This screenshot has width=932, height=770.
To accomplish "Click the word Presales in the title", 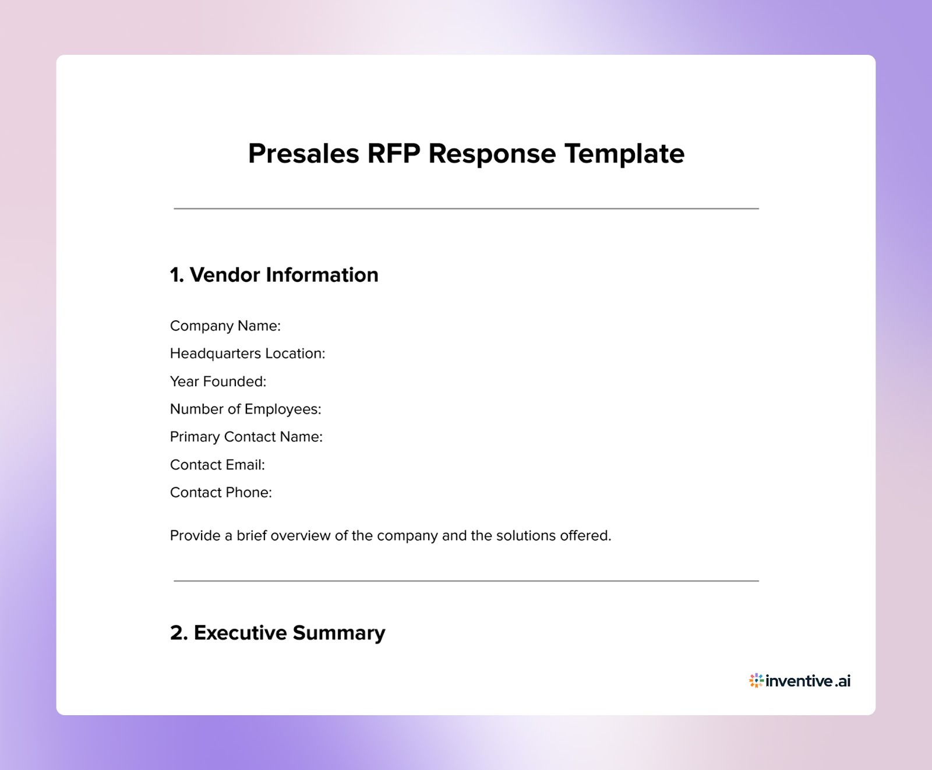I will [x=303, y=154].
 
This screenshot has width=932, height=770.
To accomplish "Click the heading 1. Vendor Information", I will [x=274, y=275].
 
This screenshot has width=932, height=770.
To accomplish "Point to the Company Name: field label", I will [x=225, y=326].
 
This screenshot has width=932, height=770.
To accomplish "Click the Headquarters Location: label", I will [x=247, y=354].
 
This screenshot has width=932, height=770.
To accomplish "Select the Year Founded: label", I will [x=218, y=382].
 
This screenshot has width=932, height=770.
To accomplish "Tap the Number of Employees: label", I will [x=245, y=409].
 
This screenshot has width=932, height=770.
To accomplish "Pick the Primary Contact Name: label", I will [x=246, y=437].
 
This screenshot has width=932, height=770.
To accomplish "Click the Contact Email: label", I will [x=217, y=465].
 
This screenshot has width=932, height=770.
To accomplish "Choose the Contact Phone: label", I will [x=221, y=493].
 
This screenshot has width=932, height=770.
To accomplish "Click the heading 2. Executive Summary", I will [x=277, y=633].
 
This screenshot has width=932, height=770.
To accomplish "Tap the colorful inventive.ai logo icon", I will [x=756, y=680].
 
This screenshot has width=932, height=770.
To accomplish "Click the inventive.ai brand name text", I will [x=808, y=680].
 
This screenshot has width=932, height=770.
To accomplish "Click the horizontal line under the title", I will [x=466, y=209].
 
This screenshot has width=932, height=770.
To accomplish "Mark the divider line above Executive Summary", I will [x=466, y=581].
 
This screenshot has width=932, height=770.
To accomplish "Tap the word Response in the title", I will [x=492, y=154].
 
